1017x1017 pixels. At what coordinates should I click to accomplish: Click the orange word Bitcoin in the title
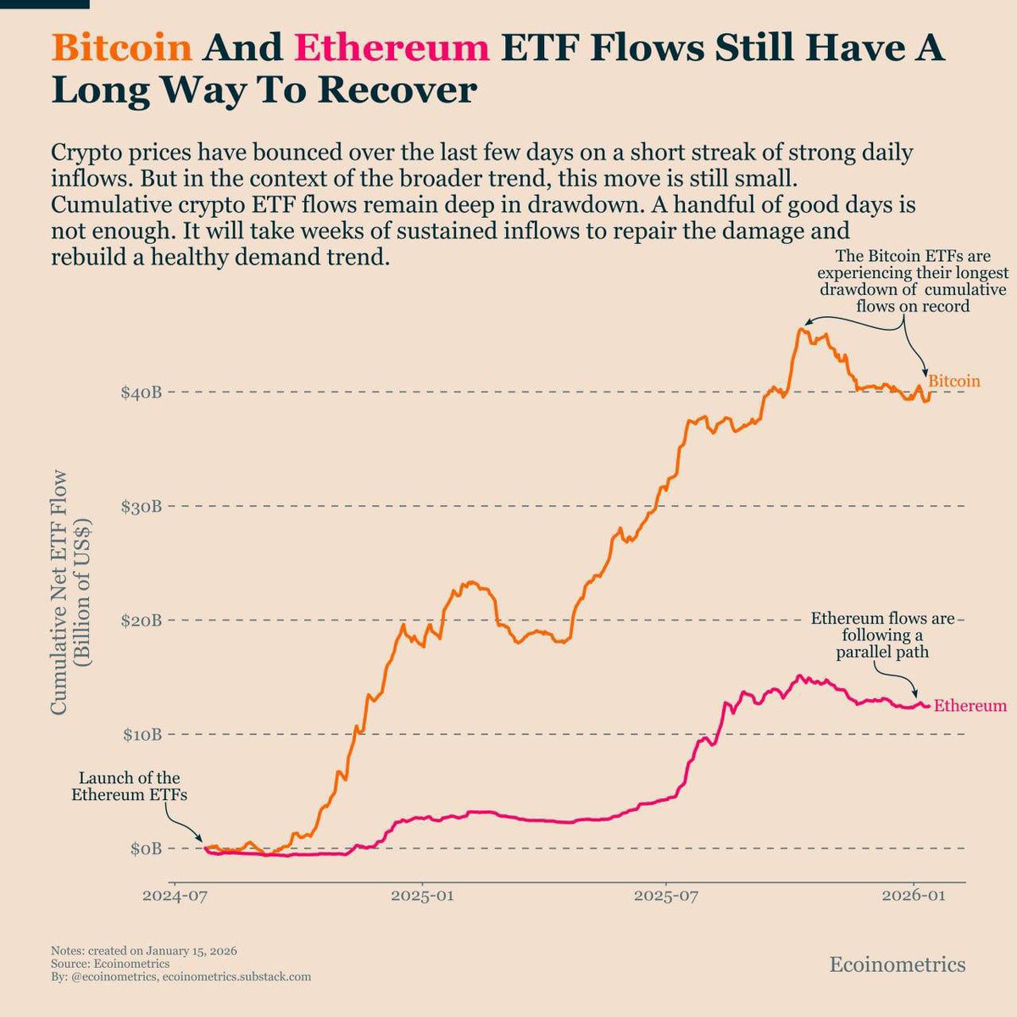(x=122, y=48)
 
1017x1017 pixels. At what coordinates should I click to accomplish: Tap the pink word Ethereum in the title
(x=392, y=48)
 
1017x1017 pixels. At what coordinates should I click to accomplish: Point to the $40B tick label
(x=140, y=392)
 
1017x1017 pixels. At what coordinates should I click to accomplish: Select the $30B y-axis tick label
(x=140, y=506)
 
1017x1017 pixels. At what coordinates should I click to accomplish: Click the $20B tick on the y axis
(x=140, y=620)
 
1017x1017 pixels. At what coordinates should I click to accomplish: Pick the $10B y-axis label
(x=140, y=734)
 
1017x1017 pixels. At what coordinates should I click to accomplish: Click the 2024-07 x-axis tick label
(x=175, y=896)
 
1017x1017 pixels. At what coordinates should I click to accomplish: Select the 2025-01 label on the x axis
(x=423, y=896)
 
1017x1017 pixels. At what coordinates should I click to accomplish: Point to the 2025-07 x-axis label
(x=666, y=896)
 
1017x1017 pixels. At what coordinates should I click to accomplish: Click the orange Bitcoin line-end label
(x=954, y=381)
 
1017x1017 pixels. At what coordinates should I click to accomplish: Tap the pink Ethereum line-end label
(x=970, y=705)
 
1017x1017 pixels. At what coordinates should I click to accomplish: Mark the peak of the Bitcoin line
(x=800, y=329)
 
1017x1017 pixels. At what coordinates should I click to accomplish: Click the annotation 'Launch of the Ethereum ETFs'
(x=129, y=786)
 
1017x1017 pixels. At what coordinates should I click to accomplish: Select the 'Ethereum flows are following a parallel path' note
(x=882, y=636)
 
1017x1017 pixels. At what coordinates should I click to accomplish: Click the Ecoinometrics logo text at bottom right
(x=897, y=964)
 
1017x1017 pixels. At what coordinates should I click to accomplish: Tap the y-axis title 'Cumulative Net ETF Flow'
(x=59, y=593)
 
